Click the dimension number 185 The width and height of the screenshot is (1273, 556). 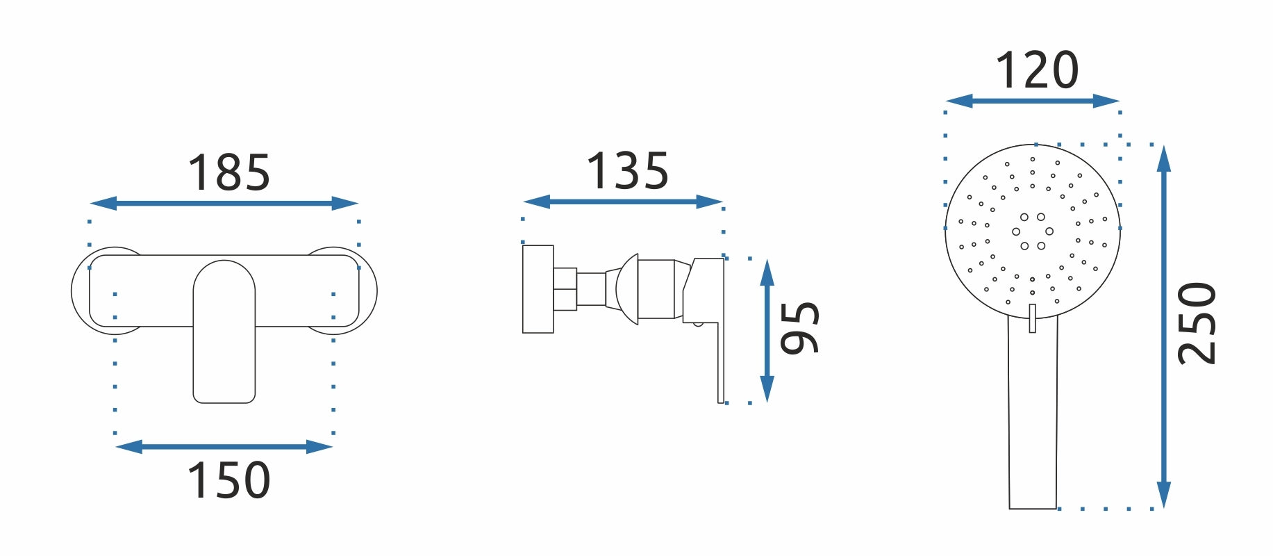[x=228, y=173]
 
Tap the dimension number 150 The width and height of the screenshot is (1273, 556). [x=228, y=480]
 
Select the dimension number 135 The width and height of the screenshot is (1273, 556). [x=628, y=171]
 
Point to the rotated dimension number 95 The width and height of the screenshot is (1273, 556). [x=799, y=328]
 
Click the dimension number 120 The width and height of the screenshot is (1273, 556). [x=1037, y=70]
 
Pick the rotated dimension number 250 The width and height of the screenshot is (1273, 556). [x=1197, y=323]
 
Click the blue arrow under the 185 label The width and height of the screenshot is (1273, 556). [x=224, y=204]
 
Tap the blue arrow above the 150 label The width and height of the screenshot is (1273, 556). [x=224, y=447]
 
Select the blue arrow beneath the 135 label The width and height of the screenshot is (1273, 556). [x=623, y=202]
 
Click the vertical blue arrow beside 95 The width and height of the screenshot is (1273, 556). [x=767, y=331]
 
